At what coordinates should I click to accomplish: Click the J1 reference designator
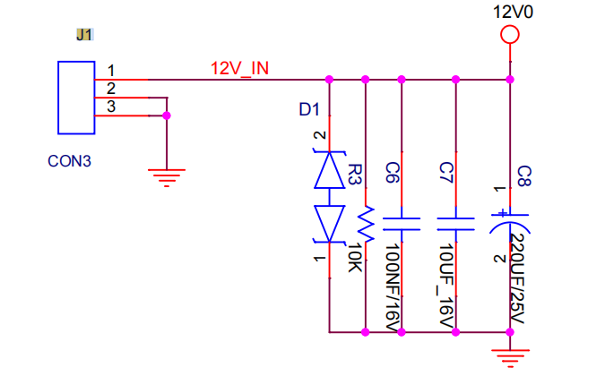click(x=84, y=35)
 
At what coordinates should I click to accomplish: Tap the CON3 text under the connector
click(x=69, y=161)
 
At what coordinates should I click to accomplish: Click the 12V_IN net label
click(x=239, y=68)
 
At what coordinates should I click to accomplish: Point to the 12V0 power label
click(x=514, y=12)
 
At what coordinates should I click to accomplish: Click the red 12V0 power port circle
click(x=510, y=26)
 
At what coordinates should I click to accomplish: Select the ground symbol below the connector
click(x=167, y=177)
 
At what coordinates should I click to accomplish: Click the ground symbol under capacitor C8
click(x=510, y=358)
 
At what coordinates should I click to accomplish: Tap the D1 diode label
click(x=309, y=110)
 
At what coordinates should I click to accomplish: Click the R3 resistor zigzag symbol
click(x=366, y=225)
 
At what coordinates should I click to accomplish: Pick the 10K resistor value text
click(x=355, y=257)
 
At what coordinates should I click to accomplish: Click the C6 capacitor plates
click(x=402, y=224)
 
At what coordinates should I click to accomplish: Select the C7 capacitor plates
click(x=455, y=224)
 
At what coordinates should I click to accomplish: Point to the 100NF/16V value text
click(x=393, y=287)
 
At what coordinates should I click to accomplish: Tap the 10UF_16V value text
click(x=447, y=286)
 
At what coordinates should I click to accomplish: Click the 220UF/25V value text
click(x=516, y=279)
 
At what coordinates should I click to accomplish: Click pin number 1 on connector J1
click(x=111, y=71)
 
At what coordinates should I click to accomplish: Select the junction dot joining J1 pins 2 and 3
click(x=167, y=115)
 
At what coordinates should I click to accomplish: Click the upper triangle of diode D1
click(x=329, y=170)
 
